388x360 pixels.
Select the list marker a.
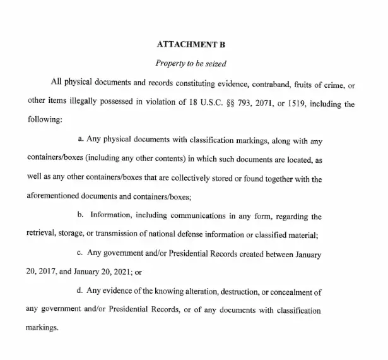tap(80, 141)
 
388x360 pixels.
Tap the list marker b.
tap(80, 217)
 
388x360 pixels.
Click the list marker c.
tap(80, 255)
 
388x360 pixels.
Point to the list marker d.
tap(80, 292)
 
